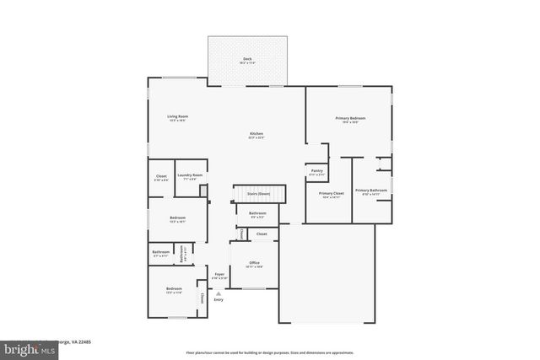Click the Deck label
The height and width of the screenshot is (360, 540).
point(247,60)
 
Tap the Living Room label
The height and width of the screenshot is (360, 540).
point(176,118)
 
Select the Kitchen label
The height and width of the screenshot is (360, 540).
point(256,135)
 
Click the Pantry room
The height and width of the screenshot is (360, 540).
point(316,172)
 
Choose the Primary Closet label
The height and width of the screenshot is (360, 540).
point(330,195)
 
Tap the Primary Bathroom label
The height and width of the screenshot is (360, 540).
point(371,191)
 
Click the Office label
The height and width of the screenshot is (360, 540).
point(253,265)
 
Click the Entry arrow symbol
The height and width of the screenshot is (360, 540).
point(218,293)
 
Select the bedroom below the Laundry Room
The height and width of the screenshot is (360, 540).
point(177,219)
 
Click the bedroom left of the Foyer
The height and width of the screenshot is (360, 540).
point(174,291)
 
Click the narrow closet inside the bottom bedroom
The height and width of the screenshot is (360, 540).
point(202,297)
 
